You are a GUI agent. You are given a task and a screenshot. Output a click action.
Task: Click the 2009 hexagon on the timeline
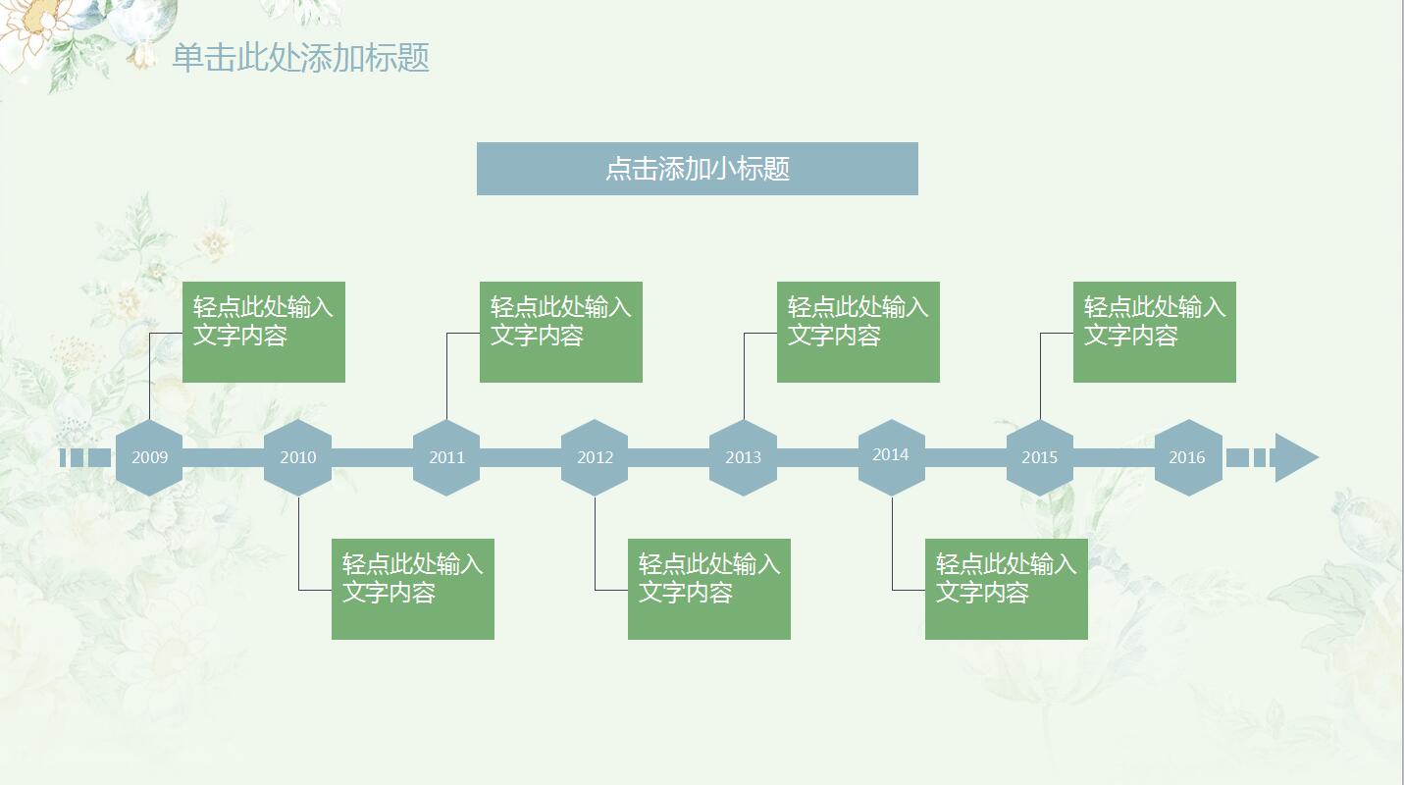pos(149,457)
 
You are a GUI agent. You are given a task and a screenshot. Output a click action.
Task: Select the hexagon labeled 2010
pos(298,457)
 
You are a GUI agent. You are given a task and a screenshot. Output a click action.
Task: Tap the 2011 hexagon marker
pos(446,457)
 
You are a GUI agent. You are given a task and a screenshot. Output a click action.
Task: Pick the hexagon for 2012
pos(595,457)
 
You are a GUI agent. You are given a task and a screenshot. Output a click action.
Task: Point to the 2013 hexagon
pos(743,457)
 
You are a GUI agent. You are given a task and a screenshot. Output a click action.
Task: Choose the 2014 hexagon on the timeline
pos(891,456)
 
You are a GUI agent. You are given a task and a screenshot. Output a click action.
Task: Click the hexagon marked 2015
pos(1039,457)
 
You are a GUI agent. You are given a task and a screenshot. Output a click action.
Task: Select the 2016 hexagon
pos(1187,457)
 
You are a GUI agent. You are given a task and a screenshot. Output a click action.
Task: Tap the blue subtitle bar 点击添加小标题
pos(697,169)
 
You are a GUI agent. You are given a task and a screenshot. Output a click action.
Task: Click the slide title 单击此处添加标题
pos(301,58)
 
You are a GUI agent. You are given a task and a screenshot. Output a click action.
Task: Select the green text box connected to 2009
pos(264,332)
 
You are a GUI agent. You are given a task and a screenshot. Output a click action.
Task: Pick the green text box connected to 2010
pos(412,589)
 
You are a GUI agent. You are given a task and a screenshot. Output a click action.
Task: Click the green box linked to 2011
pos(560,332)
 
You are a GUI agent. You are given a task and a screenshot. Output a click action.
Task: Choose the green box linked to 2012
pos(708,589)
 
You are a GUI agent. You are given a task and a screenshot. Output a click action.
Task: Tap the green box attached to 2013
pos(858,332)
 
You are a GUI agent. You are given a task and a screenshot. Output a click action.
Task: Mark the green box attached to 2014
pos(1006,589)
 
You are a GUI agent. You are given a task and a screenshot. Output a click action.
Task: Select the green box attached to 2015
pos(1154,332)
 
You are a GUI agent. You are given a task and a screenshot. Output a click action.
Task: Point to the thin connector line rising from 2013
pos(744,378)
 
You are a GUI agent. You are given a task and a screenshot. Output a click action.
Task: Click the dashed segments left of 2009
pos(86,457)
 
